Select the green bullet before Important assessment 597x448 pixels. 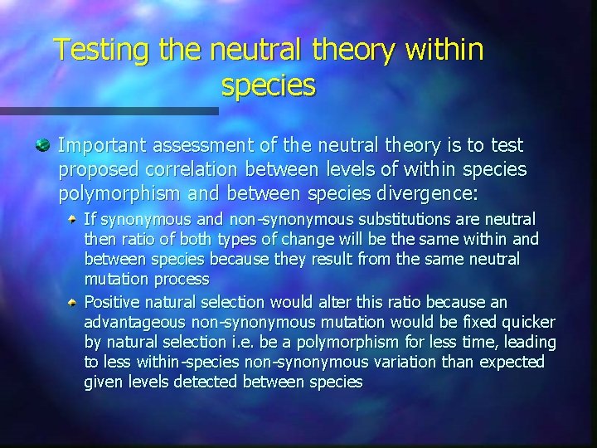pos(42,146)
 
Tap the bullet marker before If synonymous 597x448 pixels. pos(74,219)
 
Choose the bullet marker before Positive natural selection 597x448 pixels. pos(74,301)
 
